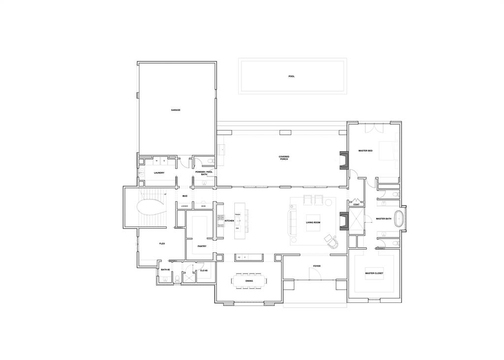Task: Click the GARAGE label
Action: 175,110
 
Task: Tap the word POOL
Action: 291,76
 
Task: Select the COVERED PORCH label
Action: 284,158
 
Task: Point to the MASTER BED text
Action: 365,151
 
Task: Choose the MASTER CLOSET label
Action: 374,273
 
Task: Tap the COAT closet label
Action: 356,204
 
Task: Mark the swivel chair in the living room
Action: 331,241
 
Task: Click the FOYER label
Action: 317,266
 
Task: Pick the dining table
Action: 249,281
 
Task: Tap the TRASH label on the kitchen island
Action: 237,215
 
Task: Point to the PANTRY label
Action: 202,246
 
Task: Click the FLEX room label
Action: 161,244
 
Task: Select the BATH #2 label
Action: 165,270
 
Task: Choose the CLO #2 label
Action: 204,270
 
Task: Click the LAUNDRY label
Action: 158,173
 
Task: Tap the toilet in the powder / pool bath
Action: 211,161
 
